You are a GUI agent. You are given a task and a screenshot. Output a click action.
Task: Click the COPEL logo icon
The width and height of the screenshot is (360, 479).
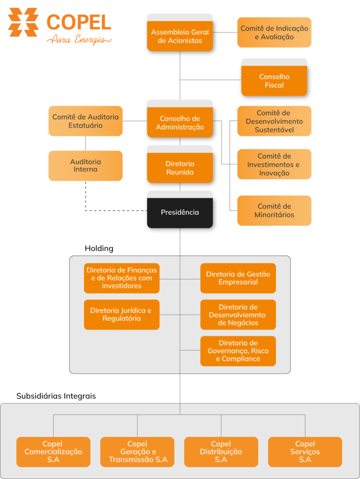[23, 22]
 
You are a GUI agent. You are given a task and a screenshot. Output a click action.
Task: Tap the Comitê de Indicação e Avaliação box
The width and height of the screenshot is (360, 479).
[274, 32]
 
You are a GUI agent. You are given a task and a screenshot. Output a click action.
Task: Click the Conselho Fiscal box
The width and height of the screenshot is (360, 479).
[274, 81]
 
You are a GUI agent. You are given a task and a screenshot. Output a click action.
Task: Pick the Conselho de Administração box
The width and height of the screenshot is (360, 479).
[180, 122]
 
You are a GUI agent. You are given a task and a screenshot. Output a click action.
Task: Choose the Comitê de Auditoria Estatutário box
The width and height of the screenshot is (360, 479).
[85, 121]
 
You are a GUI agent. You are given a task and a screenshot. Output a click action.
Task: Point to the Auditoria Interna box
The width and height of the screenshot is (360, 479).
[85, 166]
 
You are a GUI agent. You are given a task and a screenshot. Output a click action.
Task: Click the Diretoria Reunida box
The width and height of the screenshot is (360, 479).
[180, 168]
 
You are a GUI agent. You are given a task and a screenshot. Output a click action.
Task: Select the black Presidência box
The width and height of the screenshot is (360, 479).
[180, 213]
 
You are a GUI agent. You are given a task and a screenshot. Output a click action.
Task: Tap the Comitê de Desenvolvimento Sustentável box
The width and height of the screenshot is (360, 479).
[274, 121]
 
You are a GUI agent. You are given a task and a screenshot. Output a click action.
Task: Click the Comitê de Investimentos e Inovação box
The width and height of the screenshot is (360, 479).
[274, 164]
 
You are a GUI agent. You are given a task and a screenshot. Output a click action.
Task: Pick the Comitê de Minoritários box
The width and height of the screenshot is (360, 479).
[274, 210]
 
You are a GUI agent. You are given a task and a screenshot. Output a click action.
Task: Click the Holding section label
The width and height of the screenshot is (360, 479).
[99, 248]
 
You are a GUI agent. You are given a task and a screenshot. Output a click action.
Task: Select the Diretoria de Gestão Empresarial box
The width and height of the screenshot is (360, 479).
[238, 278]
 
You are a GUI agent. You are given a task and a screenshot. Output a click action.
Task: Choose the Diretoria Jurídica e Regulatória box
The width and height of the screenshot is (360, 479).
[121, 314]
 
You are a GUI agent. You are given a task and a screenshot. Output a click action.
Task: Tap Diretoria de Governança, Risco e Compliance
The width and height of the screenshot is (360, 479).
[238, 351]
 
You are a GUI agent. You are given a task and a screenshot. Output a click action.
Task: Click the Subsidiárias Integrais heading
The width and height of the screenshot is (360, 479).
[56, 396]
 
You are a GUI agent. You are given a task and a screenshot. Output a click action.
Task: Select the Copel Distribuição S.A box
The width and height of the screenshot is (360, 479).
[221, 452]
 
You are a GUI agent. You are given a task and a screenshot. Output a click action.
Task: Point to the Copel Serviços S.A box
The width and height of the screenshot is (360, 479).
[305, 452]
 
